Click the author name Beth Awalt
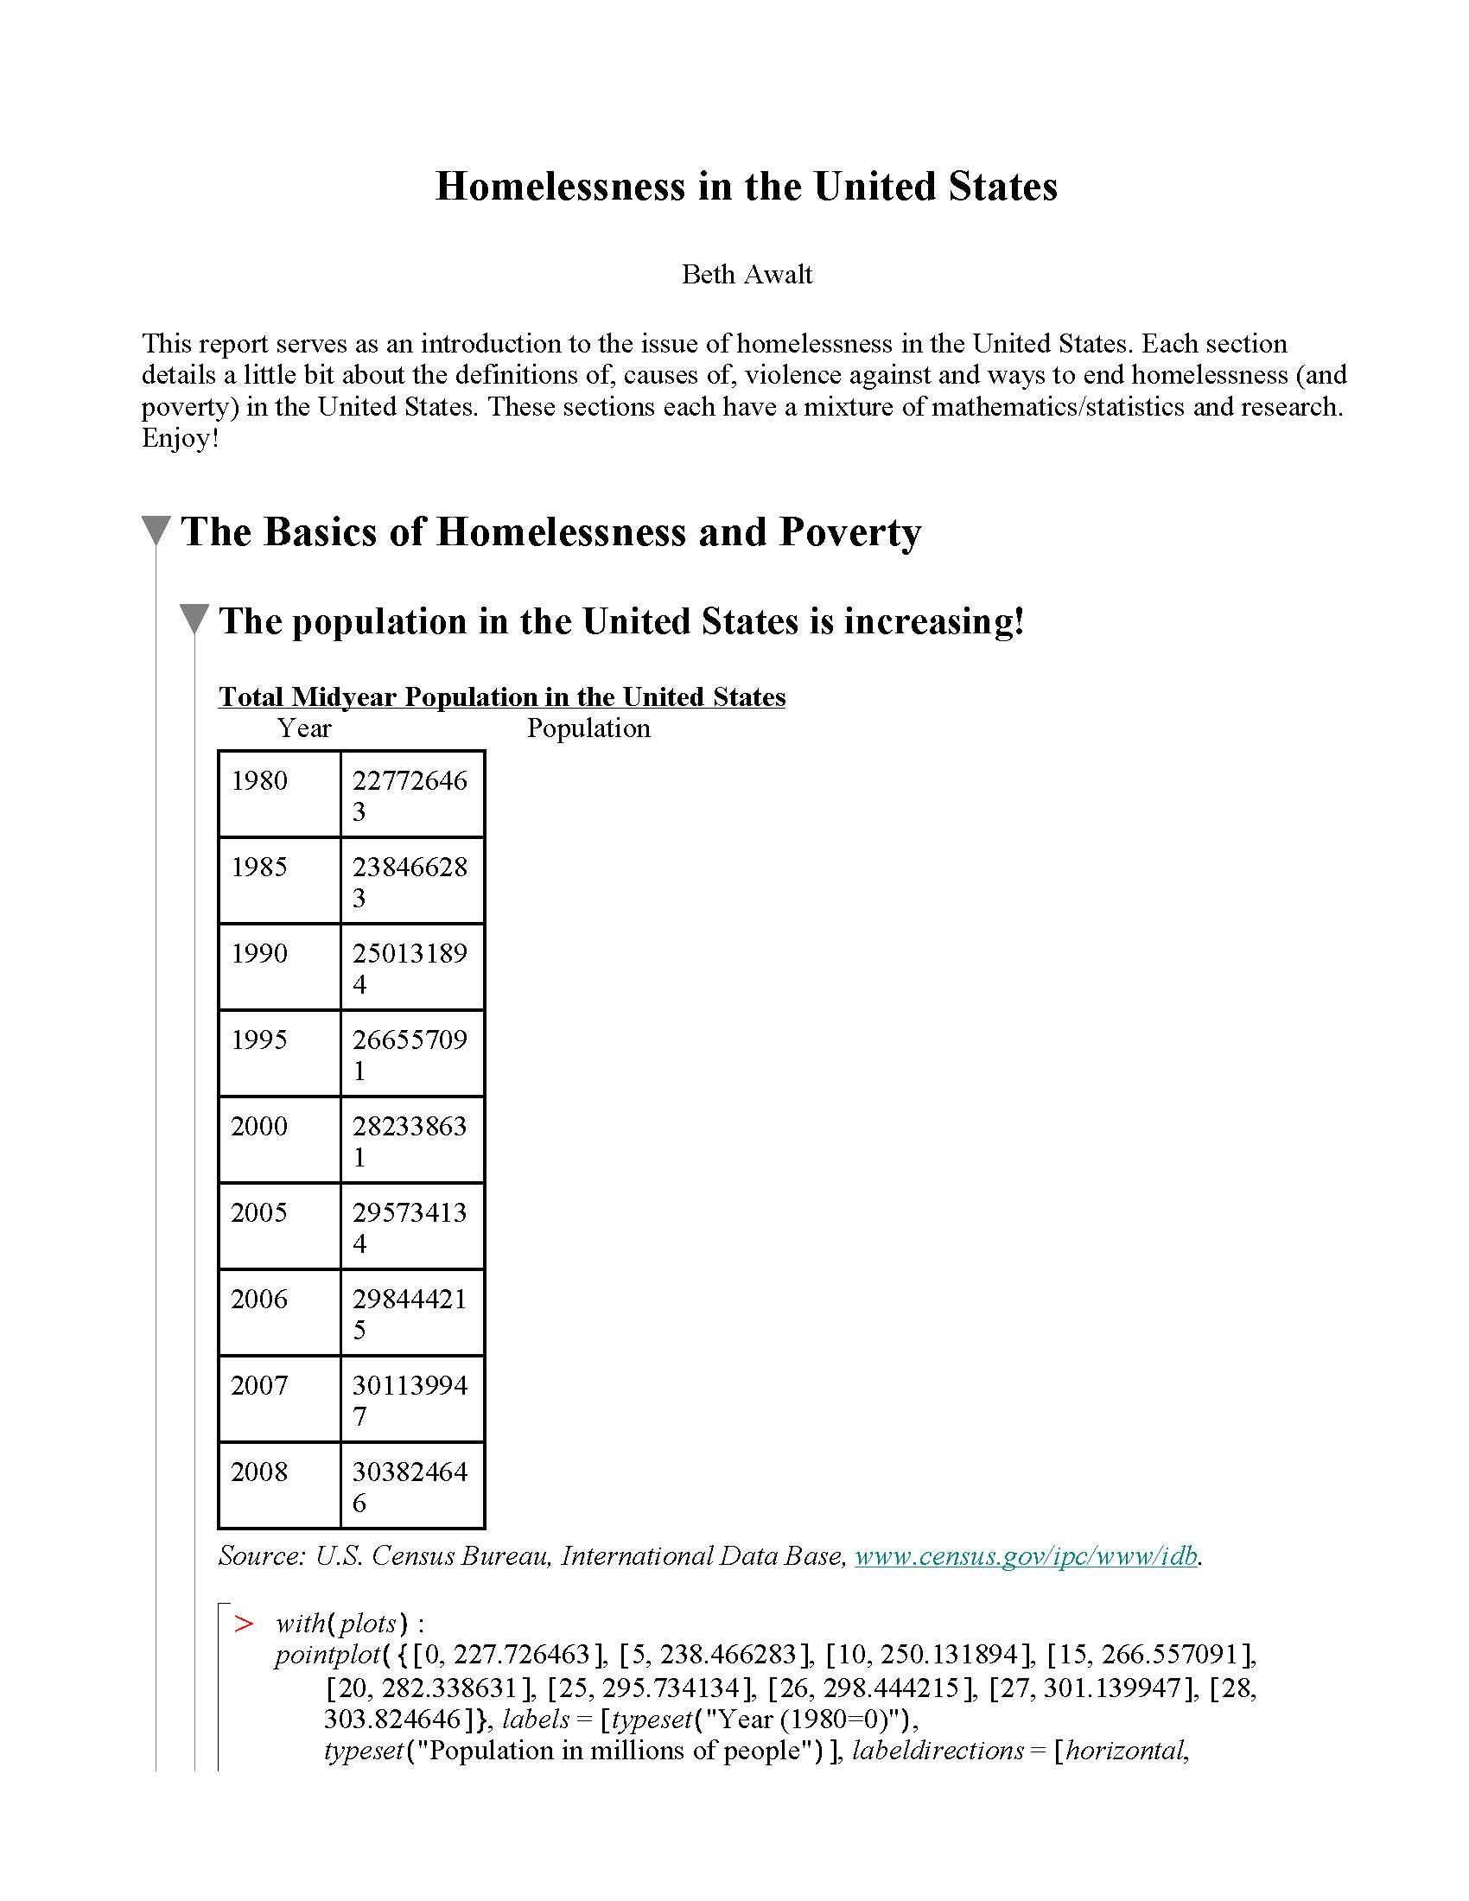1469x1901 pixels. tap(746, 274)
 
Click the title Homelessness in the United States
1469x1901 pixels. tap(746, 187)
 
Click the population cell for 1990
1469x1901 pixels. tap(410, 967)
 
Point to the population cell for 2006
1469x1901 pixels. tap(410, 1313)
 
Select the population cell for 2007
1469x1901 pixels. tap(410, 1399)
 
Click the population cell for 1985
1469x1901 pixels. tap(410, 881)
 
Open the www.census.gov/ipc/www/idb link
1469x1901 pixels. tap(1026, 1556)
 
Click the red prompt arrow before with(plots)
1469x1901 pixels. tap(244, 1624)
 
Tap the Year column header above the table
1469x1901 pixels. tap(303, 728)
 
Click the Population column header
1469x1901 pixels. tap(588, 728)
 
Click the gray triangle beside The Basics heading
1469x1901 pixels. tap(156, 531)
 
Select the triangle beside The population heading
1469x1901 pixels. tap(194, 620)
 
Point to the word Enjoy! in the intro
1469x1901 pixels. tap(180, 438)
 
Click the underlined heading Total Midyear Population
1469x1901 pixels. tap(501, 696)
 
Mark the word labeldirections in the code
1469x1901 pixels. tap(938, 1750)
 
